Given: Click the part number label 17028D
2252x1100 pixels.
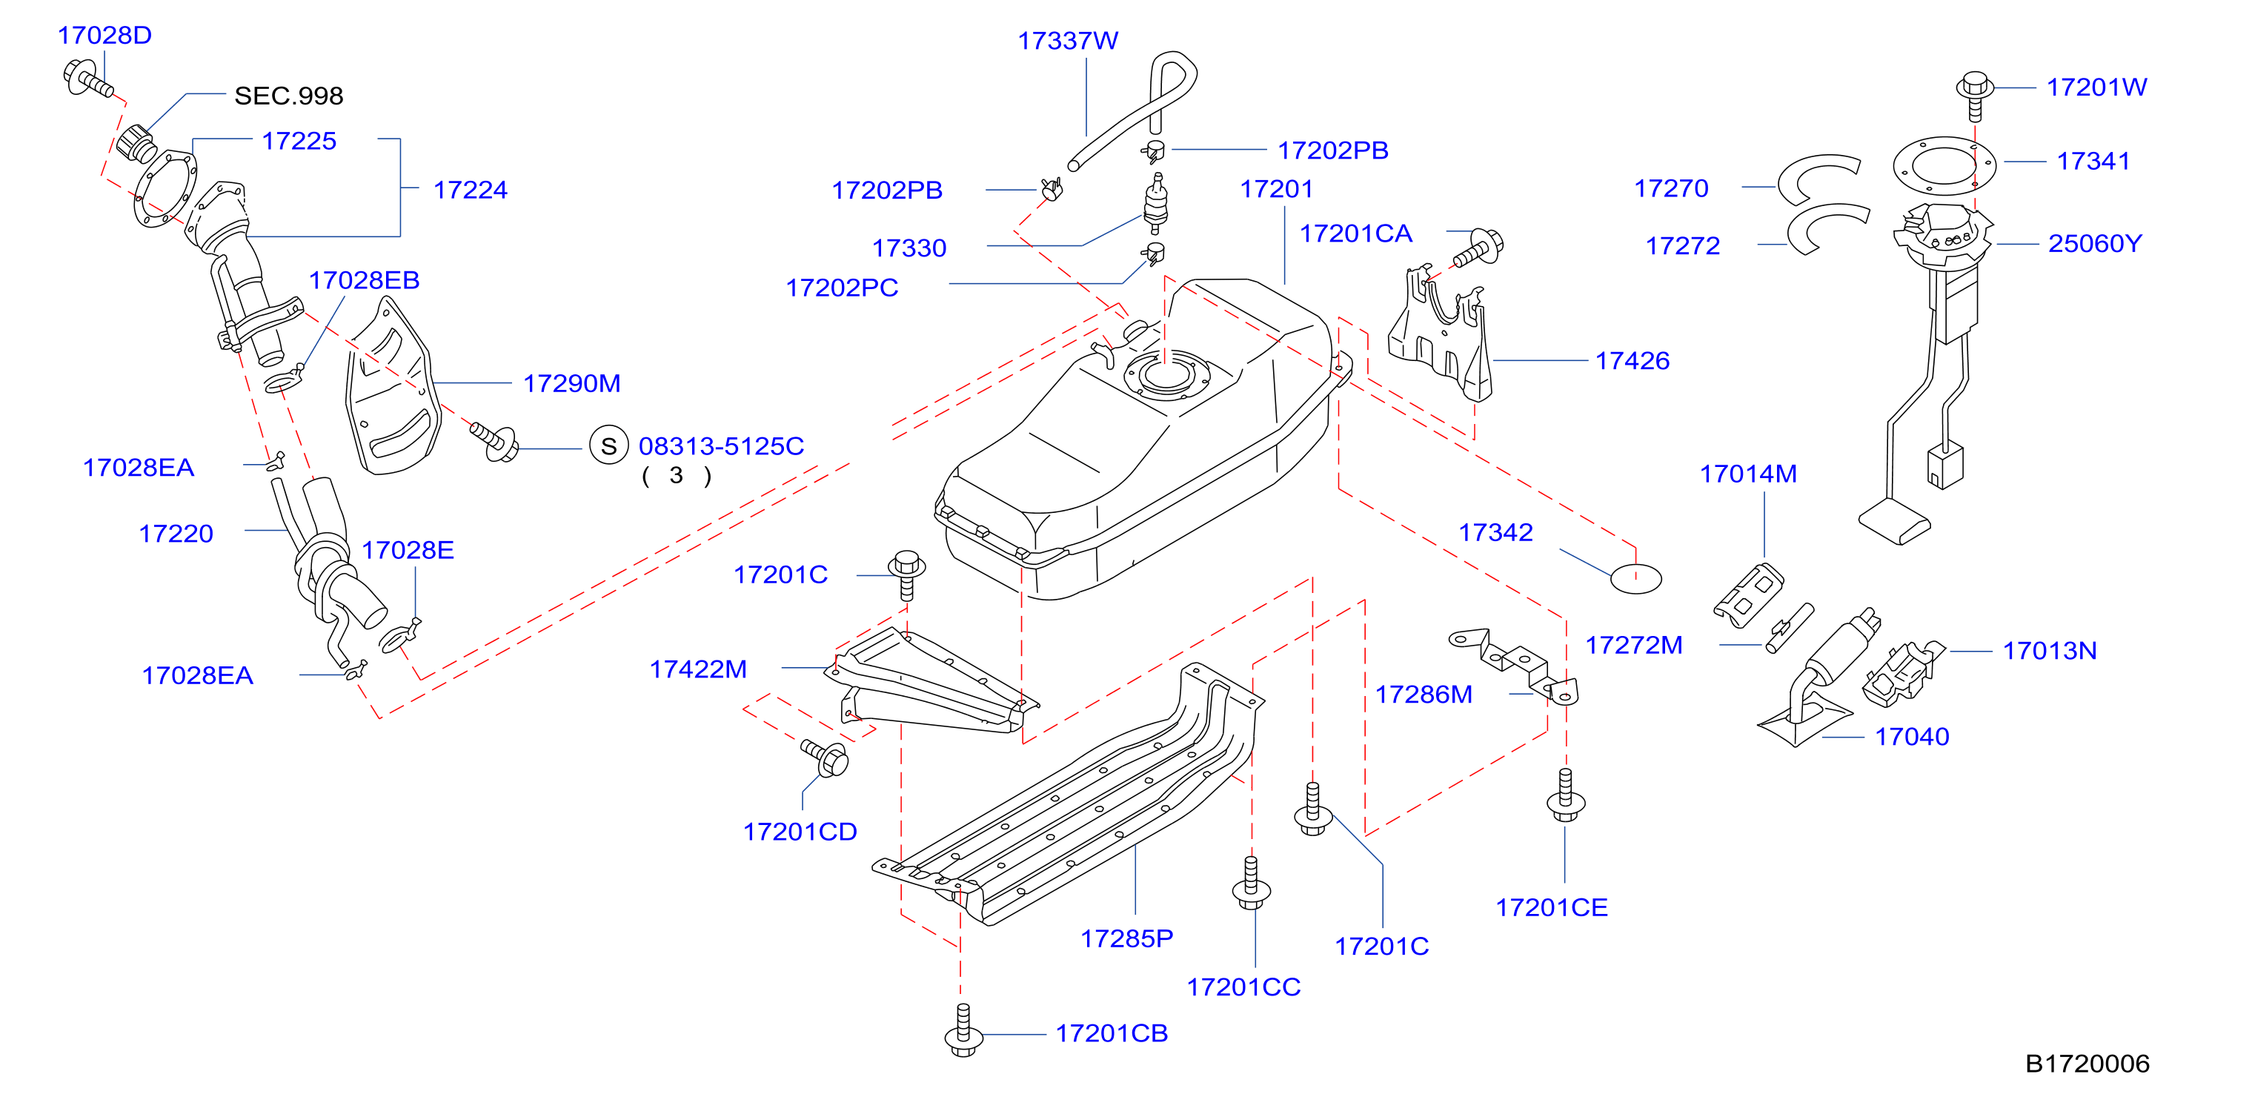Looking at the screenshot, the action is pyautogui.click(x=105, y=35).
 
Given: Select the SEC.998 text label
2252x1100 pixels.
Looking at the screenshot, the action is pyautogui.click(x=288, y=96).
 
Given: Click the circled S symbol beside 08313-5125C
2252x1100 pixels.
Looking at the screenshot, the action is pyautogui.click(x=608, y=446).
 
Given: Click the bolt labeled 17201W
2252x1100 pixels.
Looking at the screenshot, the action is pyautogui.click(x=1974, y=94).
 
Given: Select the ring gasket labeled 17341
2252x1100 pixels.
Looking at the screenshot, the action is pyautogui.click(x=1944, y=165).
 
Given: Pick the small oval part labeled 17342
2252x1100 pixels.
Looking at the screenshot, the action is pyautogui.click(x=1635, y=579).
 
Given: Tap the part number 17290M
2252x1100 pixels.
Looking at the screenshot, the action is pyautogui.click(x=572, y=383).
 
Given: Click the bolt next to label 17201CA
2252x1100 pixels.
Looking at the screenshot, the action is pyautogui.click(x=1478, y=248).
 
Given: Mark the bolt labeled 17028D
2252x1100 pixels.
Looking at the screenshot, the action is pyautogui.click(x=88, y=79).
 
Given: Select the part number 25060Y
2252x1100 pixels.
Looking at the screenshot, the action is pyautogui.click(x=2095, y=243).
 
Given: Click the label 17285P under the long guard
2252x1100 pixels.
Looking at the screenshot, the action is pyautogui.click(x=1127, y=938).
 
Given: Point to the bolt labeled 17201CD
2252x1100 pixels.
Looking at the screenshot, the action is pyautogui.click(x=826, y=758).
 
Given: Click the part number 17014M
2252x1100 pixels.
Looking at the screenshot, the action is pyautogui.click(x=1747, y=474).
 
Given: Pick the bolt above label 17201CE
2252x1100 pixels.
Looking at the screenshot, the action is pyautogui.click(x=1565, y=795).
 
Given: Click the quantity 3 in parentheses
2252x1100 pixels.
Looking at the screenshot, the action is pyautogui.click(x=676, y=476).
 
